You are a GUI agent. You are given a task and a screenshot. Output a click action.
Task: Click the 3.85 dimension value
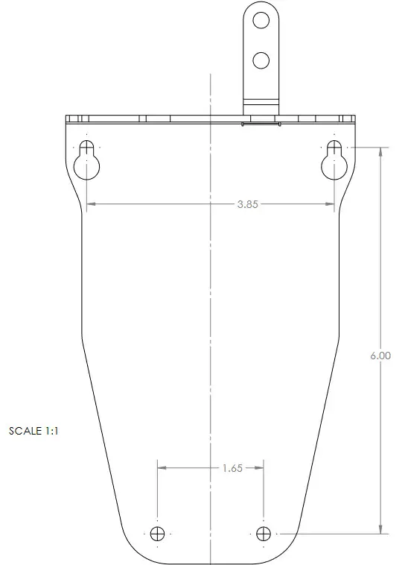click(247, 205)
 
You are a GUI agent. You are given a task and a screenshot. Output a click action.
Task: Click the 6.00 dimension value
click(380, 356)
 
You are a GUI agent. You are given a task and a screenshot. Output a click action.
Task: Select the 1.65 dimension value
click(232, 469)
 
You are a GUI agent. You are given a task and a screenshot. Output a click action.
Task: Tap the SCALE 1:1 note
click(34, 431)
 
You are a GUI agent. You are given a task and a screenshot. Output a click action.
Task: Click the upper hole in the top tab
click(261, 21)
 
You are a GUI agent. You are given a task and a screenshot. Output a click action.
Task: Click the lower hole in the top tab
click(261, 60)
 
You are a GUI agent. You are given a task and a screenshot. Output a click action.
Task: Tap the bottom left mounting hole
click(157, 534)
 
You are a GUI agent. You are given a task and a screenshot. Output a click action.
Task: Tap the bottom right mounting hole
click(263, 534)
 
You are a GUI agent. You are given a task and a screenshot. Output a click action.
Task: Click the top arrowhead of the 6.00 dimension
click(381, 151)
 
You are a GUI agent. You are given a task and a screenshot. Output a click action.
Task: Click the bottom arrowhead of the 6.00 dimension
click(381, 529)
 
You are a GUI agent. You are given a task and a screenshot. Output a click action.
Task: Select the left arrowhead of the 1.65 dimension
click(161, 469)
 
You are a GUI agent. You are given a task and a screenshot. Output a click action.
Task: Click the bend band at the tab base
click(261, 102)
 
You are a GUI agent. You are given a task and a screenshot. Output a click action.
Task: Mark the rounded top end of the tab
click(261, 5)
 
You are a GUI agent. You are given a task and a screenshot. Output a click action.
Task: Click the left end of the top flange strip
click(68, 119)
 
